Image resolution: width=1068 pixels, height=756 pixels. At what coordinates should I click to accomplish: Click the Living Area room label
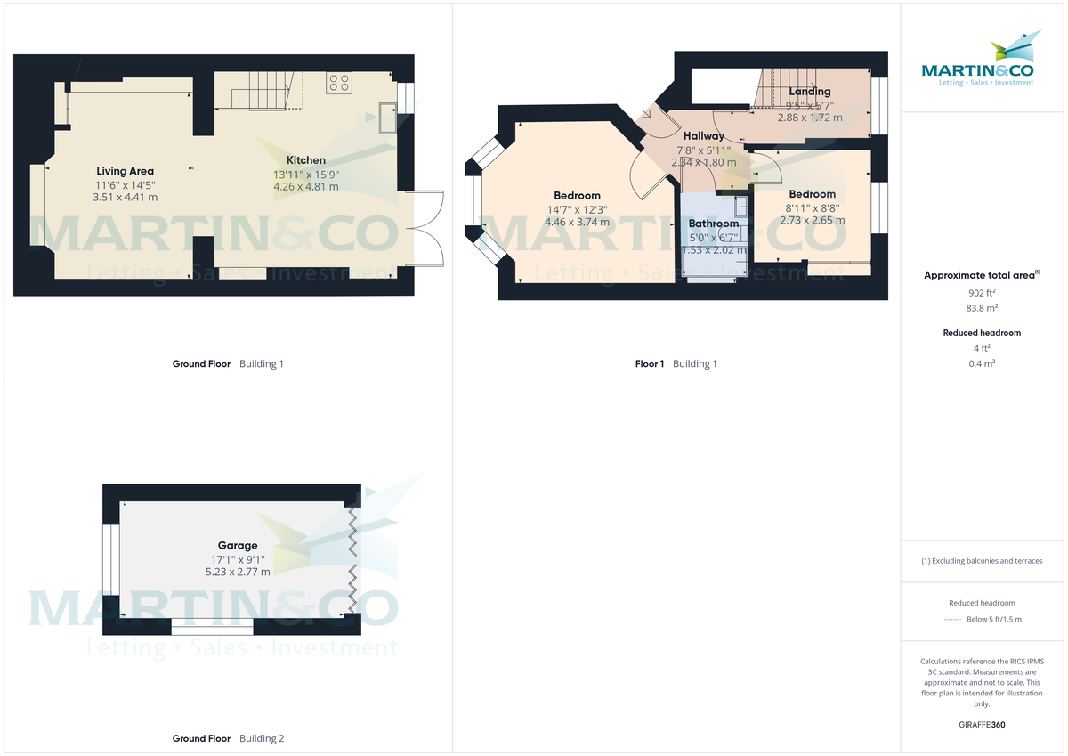click(x=125, y=171)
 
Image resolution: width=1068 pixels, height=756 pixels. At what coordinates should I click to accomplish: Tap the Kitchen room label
click(x=305, y=160)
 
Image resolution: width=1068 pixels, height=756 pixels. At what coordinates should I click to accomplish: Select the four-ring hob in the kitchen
click(x=338, y=83)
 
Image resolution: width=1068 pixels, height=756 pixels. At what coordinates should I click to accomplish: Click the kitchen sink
click(x=388, y=117)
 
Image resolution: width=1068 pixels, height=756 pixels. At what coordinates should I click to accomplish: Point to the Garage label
click(x=238, y=546)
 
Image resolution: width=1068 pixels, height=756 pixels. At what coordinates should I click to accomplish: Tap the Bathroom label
click(x=713, y=224)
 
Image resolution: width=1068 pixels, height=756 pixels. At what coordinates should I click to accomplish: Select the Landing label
click(x=809, y=92)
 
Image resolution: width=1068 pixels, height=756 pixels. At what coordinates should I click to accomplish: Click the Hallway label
click(x=703, y=136)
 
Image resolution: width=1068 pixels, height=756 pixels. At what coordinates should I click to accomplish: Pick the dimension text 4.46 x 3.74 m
click(x=577, y=222)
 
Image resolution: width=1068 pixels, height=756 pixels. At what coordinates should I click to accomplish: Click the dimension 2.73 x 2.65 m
click(x=812, y=220)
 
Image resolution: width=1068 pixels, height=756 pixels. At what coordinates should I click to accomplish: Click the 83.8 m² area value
click(x=983, y=308)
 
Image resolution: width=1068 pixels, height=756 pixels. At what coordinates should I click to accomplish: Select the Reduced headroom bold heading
click(x=982, y=333)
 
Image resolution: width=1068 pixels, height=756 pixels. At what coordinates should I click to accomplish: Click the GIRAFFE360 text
click(x=983, y=725)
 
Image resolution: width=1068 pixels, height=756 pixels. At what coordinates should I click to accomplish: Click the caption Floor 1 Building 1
click(x=676, y=363)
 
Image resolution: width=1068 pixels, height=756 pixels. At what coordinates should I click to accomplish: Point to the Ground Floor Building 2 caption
click(x=228, y=738)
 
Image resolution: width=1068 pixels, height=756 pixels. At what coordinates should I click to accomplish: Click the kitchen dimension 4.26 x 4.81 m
click(x=305, y=187)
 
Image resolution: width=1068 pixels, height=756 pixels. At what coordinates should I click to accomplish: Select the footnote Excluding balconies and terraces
click(x=982, y=561)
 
